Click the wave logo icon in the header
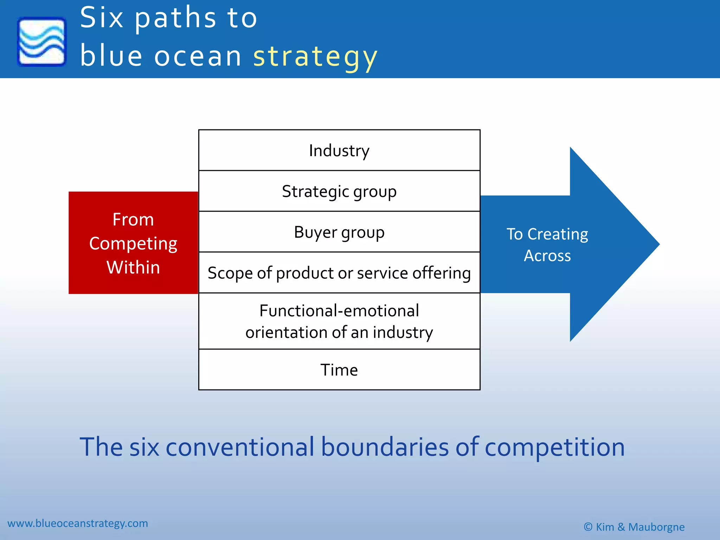coord(41,41)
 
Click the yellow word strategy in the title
coord(315,57)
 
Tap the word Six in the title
coord(102,18)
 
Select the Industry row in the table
coord(339,150)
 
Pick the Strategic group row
coord(339,191)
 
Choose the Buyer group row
coord(339,232)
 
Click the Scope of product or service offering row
coord(339,273)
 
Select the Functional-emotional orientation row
coord(339,321)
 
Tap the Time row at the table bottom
coord(339,370)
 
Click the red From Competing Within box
coord(133,243)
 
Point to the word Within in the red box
coord(133,267)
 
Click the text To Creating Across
coord(547,245)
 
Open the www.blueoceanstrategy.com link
coord(78,523)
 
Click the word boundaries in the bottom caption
coord(385,447)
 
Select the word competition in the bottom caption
coord(554,447)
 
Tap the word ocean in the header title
coord(198,57)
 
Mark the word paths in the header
coord(176,19)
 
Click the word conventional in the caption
coord(240,447)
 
